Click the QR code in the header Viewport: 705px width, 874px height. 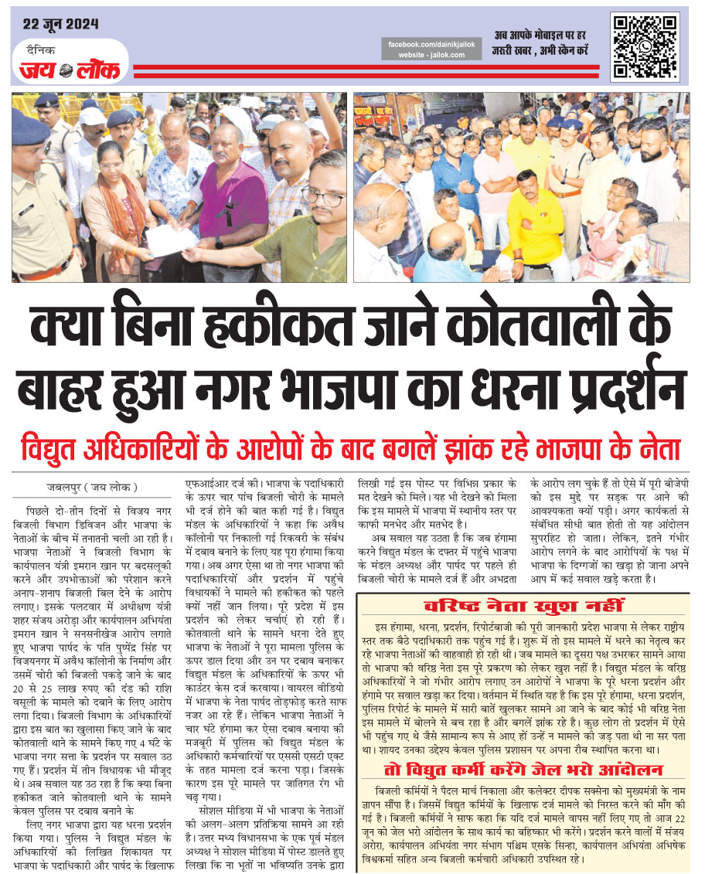click(x=645, y=46)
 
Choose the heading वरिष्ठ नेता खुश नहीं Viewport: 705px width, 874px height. click(x=520, y=604)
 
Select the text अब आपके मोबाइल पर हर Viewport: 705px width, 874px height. click(x=540, y=36)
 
